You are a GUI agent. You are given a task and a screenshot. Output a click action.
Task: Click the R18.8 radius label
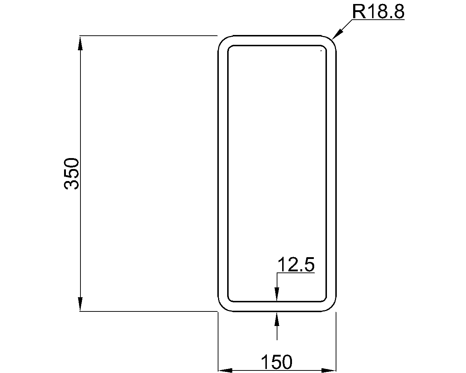378,12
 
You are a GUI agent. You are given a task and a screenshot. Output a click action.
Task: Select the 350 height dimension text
71,173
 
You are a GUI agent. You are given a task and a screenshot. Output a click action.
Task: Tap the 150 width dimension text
277,362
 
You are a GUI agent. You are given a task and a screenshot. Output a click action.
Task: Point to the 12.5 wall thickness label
296,265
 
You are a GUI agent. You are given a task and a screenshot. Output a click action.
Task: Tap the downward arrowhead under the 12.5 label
277,294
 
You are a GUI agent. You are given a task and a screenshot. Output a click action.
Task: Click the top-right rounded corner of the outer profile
332,40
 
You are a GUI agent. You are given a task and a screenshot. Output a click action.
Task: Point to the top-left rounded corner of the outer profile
222,40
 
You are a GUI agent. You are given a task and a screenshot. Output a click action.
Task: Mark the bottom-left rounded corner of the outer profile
222,307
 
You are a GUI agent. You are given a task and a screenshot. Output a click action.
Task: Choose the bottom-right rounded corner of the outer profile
332,307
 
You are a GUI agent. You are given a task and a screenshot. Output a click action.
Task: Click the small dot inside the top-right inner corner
321,51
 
